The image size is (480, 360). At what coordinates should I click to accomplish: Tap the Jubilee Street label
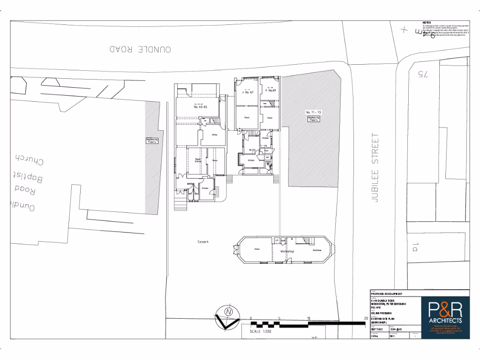click(x=374, y=167)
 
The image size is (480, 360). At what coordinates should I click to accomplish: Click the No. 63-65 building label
click(x=200, y=107)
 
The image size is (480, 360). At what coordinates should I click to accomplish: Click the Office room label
click(x=215, y=135)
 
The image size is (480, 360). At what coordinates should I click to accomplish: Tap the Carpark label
click(x=202, y=242)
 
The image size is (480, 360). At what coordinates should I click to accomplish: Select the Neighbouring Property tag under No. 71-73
click(x=313, y=119)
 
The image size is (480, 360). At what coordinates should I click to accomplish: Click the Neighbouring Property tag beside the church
click(x=152, y=141)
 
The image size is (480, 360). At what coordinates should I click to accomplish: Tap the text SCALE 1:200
click(x=260, y=331)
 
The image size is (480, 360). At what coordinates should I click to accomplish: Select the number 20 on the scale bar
click(x=365, y=318)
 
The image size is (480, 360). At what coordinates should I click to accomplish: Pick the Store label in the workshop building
click(x=256, y=248)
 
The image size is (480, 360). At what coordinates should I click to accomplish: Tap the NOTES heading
click(x=427, y=22)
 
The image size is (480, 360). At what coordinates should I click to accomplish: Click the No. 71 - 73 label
click(x=313, y=112)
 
